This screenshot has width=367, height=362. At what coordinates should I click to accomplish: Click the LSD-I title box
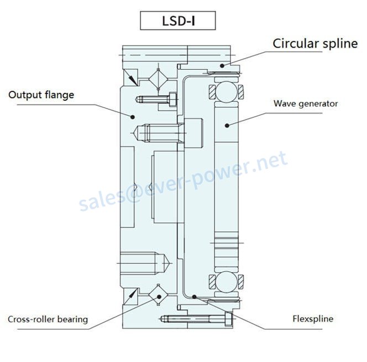[177, 20]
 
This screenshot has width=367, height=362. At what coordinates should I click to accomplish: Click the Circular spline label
[315, 44]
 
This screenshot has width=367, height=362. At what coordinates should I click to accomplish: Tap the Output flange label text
[41, 95]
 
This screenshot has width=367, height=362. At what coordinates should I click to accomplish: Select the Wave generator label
[306, 104]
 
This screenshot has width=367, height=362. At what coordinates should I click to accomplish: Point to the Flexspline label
[313, 319]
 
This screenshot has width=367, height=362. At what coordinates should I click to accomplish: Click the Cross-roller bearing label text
[48, 319]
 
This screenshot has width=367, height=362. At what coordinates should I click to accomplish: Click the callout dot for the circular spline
[222, 66]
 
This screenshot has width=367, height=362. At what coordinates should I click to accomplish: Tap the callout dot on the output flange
[133, 117]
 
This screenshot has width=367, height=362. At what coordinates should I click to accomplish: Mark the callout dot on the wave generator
[227, 126]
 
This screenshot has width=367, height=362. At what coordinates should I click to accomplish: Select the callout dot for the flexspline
[194, 297]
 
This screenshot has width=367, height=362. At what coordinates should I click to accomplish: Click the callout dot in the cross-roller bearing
[159, 297]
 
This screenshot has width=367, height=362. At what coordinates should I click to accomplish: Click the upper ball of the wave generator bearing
[226, 91]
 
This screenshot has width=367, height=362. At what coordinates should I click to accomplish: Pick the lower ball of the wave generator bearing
[226, 282]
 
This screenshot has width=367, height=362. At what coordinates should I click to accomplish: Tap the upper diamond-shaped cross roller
[159, 79]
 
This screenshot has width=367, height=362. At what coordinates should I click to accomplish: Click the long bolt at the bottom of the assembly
[196, 319]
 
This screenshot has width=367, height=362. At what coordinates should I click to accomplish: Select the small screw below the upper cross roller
[156, 99]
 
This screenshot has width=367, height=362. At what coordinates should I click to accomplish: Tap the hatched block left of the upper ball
[212, 91]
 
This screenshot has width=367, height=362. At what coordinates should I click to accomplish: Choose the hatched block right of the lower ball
[241, 282]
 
